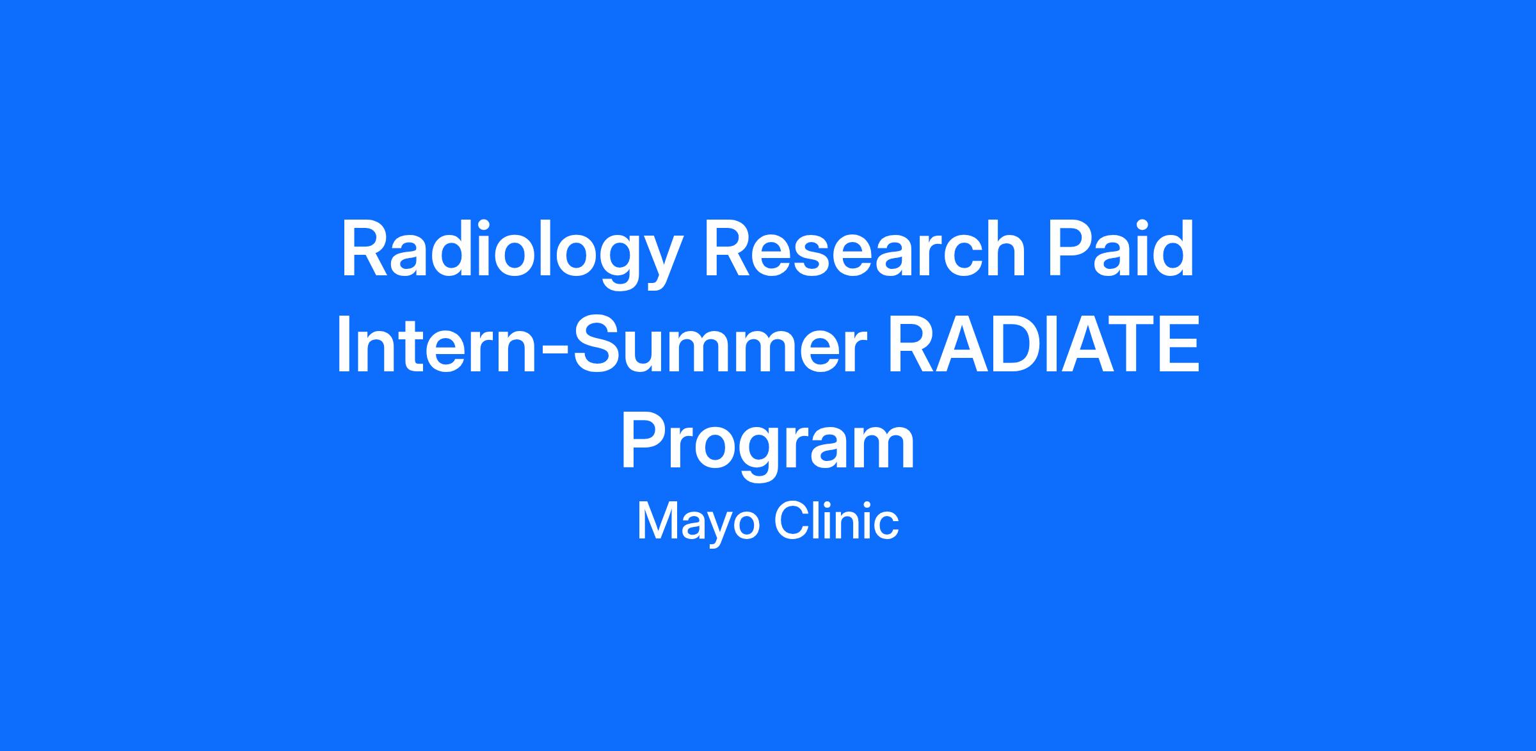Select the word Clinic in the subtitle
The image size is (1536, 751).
[836, 520]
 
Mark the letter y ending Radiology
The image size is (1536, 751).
[655, 262]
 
